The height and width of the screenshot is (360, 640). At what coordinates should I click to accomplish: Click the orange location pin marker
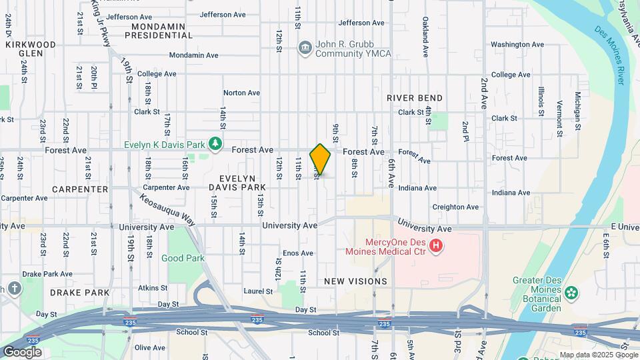321,160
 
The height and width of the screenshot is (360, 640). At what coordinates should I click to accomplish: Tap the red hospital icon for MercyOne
436,247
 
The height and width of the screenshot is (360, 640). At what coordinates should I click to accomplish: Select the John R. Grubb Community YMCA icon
305,47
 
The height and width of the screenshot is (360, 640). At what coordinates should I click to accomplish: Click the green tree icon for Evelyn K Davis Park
215,144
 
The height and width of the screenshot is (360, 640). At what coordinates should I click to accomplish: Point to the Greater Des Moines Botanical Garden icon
571,293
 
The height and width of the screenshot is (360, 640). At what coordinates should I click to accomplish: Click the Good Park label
182,257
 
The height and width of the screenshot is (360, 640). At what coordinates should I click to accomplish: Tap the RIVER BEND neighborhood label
415,98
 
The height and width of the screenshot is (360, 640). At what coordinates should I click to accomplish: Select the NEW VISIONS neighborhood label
355,281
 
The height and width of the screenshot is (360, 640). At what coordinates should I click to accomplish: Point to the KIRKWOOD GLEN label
31,49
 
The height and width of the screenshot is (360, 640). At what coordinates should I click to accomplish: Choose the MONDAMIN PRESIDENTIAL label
162,31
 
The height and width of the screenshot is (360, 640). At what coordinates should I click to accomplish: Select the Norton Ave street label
241,93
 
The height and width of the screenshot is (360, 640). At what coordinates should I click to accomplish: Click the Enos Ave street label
297,253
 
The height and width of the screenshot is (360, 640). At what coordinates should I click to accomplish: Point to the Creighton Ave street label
457,207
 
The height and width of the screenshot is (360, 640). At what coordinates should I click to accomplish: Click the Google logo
22,351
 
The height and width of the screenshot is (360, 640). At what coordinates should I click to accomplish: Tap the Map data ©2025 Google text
597,355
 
